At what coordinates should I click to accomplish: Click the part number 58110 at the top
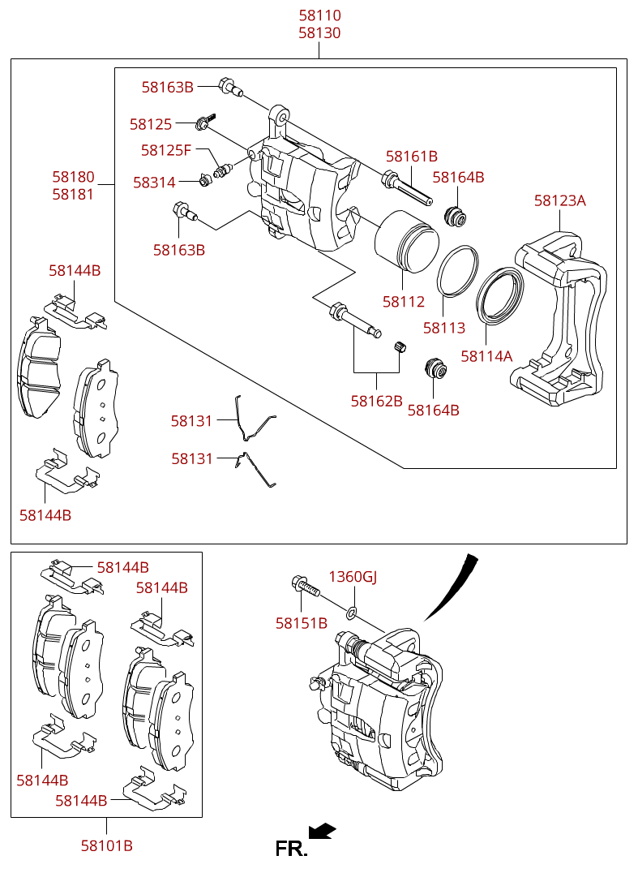click(320, 15)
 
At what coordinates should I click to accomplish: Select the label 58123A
click(559, 200)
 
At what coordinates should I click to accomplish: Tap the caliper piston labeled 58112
click(406, 242)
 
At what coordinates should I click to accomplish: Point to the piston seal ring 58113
click(457, 271)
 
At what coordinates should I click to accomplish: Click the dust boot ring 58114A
click(499, 295)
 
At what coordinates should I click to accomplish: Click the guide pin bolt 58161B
click(406, 189)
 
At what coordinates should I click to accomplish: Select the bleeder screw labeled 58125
click(205, 122)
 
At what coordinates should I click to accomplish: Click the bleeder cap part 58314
click(205, 180)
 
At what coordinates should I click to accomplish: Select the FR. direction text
click(291, 849)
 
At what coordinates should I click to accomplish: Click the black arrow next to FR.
click(323, 831)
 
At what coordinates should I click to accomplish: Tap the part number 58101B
click(107, 845)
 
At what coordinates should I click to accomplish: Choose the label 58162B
click(376, 401)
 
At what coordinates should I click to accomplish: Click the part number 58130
click(320, 32)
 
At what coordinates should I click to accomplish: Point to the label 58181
click(74, 194)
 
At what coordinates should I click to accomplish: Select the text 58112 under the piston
click(404, 302)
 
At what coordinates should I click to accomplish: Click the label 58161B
click(412, 157)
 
